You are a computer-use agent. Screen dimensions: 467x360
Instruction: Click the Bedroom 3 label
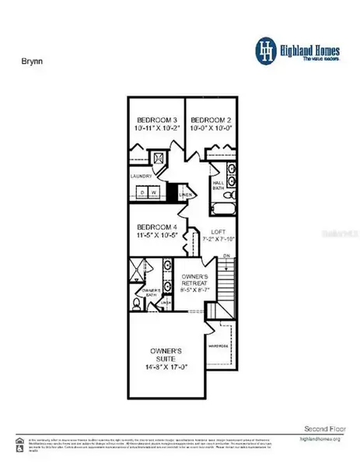tap(156, 121)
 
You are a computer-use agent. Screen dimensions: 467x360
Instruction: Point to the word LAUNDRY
tap(142, 177)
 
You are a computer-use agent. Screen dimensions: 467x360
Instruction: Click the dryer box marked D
tap(142, 192)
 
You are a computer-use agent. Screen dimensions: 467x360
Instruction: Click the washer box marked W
tap(154, 192)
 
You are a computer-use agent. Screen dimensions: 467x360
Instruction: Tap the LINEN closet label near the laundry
tap(185, 195)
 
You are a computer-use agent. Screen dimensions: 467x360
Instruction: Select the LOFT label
tap(218, 233)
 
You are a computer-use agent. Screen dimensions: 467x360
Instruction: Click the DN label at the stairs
tap(226, 256)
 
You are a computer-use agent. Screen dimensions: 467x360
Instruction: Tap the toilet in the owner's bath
tap(138, 304)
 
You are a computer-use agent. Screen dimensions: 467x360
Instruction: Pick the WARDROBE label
tap(217, 345)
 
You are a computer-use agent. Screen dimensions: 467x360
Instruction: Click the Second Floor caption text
tap(320, 429)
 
